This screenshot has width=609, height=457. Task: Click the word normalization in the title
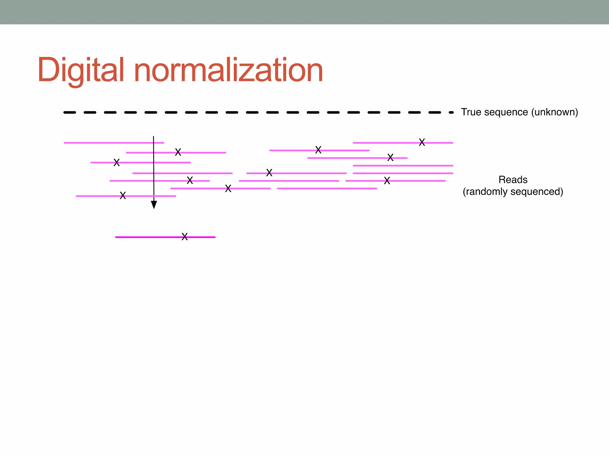point(228,70)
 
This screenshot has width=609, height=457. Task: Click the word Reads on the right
point(513,180)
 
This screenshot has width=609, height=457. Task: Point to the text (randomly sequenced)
point(513,192)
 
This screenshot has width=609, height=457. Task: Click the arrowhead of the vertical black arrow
point(154,205)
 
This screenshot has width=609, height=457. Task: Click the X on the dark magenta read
point(185,237)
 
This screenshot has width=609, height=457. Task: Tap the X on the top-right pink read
point(422,143)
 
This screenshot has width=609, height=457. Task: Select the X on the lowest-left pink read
point(123,195)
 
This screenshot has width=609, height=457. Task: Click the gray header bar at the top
point(304,12)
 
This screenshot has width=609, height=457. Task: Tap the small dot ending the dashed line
point(452,112)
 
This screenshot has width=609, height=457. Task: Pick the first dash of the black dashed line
point(70,112)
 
